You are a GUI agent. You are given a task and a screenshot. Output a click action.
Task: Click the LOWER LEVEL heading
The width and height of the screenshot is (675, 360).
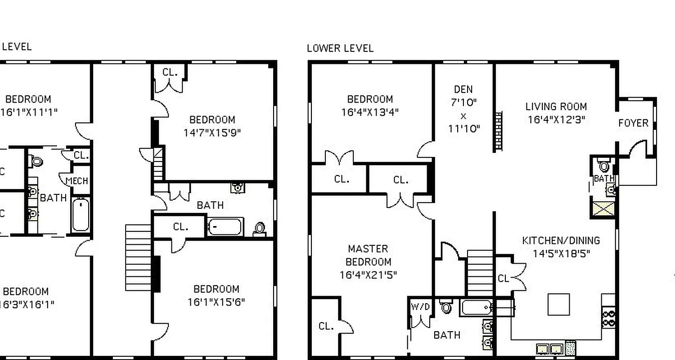340,48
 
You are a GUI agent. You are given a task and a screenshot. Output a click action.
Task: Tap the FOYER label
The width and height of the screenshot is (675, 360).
633,123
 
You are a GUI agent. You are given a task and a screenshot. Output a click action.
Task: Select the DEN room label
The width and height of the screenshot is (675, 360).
463,89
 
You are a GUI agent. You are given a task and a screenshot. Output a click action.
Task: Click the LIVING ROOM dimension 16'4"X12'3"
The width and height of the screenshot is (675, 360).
556,120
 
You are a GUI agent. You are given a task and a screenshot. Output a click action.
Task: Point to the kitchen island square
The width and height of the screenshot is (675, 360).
558,305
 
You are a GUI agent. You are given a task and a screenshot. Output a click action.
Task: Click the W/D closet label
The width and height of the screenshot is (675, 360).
420,307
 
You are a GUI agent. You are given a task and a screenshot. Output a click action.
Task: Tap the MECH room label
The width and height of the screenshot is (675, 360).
77,181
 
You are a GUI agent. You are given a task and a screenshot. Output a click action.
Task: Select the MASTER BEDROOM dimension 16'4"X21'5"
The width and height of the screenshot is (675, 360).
368,274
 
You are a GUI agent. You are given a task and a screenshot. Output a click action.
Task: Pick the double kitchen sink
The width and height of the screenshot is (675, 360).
550,349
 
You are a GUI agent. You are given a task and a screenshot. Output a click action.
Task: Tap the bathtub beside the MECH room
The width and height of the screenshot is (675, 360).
81,215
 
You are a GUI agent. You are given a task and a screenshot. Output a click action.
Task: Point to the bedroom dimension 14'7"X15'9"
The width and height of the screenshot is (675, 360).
212,133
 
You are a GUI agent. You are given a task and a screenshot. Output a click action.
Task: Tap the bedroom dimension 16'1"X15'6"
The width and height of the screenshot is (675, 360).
216,301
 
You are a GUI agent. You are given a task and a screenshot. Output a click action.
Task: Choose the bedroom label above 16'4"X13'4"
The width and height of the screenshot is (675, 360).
370,99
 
